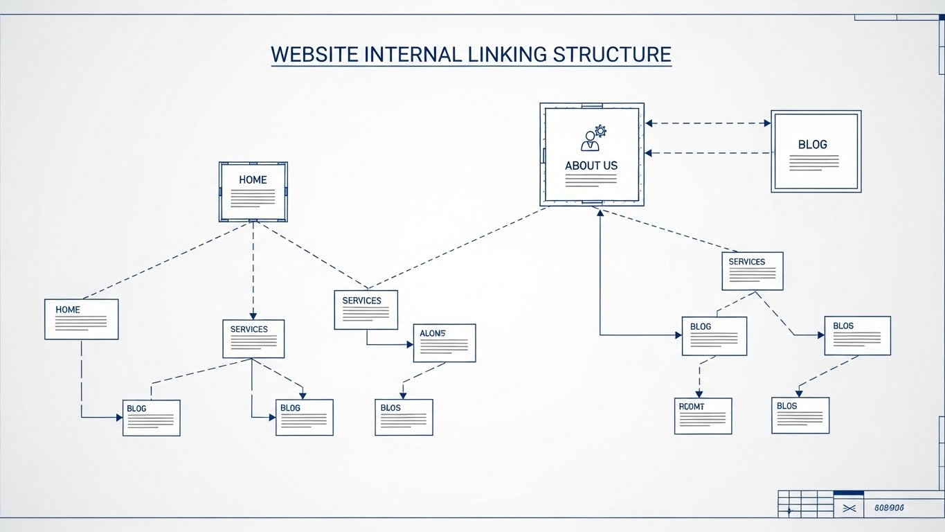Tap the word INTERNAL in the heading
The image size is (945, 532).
coord(413,55)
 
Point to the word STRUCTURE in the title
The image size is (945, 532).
coord(612,55)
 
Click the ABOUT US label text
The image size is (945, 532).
coord(591,166)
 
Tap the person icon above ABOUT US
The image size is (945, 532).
coord(591,141)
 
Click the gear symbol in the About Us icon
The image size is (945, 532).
coord(600,130)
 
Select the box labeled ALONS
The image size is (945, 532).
coord(444,343)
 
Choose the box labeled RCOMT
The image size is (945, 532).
coord(703,416)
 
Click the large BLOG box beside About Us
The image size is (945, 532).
coord(816,151)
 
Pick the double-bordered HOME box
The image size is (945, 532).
coord(253,192)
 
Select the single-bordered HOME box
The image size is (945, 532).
coord(81,319)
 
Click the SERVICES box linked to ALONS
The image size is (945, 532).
coord(366,310)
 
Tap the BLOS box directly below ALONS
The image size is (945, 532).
coord(404,417)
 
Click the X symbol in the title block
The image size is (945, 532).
coord(850,508)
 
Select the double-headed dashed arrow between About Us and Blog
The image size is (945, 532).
coord(708,123)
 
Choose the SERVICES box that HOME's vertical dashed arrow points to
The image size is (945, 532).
coord(253,338)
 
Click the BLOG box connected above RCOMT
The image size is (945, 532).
coord(714,336)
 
